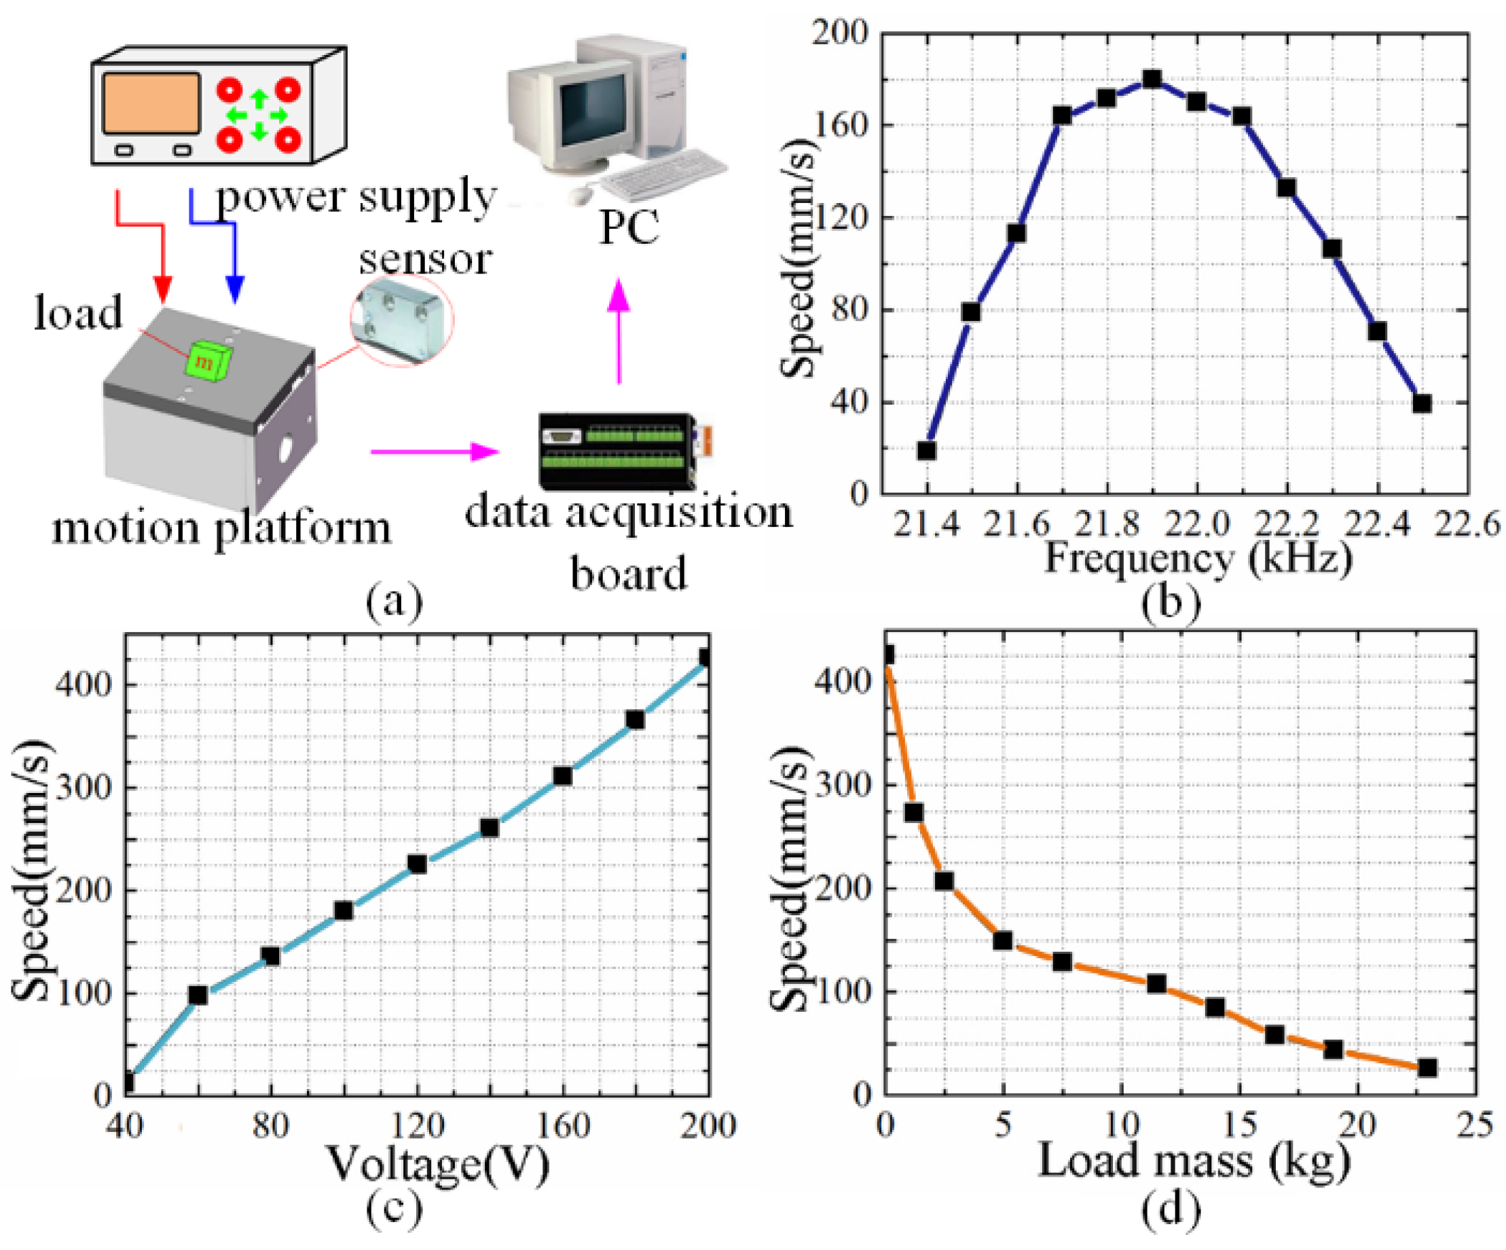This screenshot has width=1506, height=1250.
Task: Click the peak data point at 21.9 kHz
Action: tap(1152, 79)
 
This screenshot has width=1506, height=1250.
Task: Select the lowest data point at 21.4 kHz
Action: tap(927, 450)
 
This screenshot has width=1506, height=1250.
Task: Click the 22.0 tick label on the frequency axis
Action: tap(1196, 526)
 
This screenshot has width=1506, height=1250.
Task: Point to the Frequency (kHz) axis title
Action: tap(1198, 560)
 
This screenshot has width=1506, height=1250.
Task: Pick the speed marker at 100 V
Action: tap(344, 911)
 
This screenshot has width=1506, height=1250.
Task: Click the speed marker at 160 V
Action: tap(562, 776)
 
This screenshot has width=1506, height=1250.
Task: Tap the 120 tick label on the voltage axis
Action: tap(418, 1124)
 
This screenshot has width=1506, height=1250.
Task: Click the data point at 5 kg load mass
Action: tap(1003, 940)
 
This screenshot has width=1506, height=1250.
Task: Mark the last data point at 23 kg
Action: tap(1427, 1068)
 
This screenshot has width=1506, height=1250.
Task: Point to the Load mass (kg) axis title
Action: tap(1195, 1160)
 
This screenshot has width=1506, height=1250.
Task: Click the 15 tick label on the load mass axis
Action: tap(1239, 1124)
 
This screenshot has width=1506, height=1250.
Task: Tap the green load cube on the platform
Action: tap(208, 359)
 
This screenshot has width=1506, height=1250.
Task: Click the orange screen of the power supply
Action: tap(151, 103)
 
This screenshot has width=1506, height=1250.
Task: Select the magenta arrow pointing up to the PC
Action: tap(619, 330)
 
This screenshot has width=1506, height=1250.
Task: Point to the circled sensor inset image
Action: tap(401, 320)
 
